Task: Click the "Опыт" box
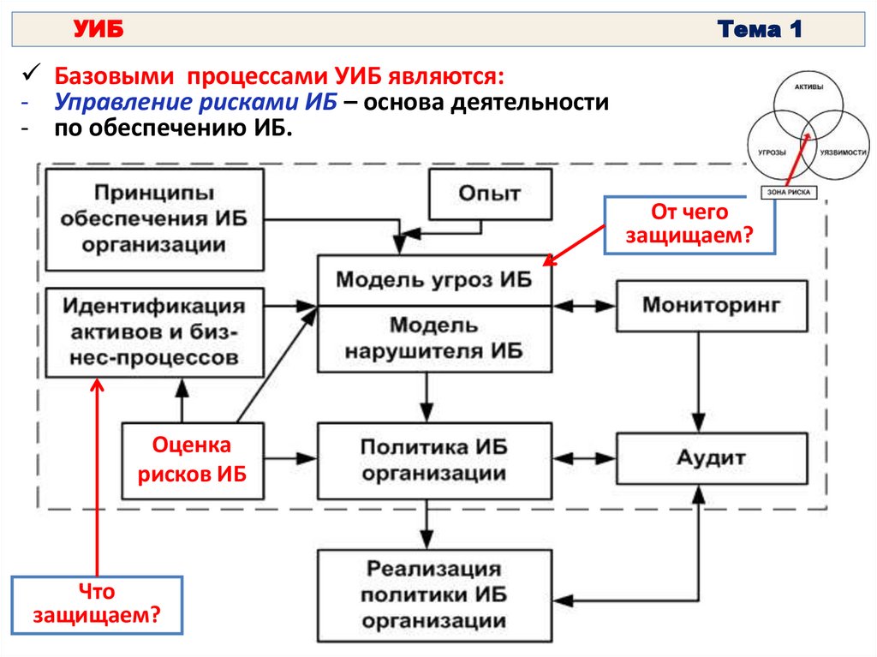tap(489, 194)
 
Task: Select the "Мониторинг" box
tap(712, 305)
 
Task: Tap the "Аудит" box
tap(712, 458)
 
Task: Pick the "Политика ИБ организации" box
tap(433, 460)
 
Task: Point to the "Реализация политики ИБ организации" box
tap(433, 594)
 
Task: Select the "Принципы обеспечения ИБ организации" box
tap(154, 220)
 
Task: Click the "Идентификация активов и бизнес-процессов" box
tap(154, 331)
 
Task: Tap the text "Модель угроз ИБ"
tap(433, 280)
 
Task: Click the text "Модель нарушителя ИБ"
tap(433, 337)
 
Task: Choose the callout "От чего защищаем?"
tap(689, 224)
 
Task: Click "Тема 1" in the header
tap(760, 31)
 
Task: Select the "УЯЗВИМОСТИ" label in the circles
tap(844, 151)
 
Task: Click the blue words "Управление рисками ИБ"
tap(196, 103)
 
